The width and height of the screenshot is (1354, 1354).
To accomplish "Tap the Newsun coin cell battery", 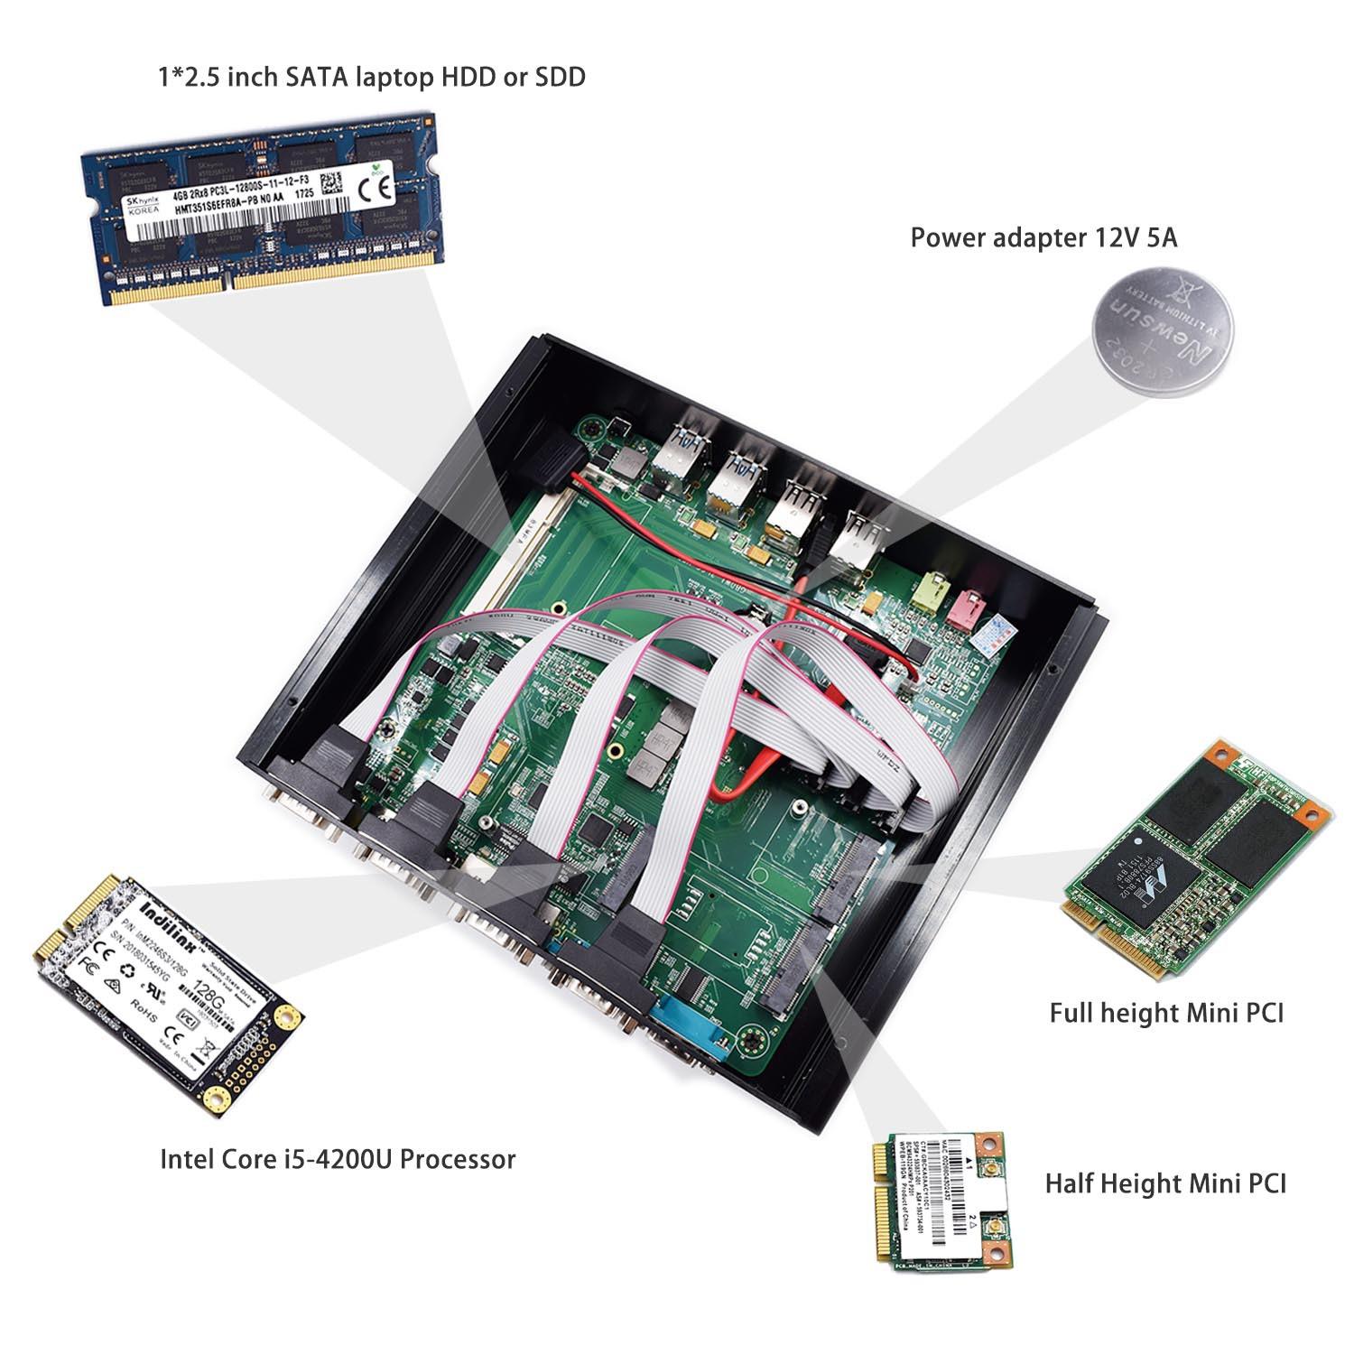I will tap(1162, 330).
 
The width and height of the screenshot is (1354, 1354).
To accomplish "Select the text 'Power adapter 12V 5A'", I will tap(1043, 238).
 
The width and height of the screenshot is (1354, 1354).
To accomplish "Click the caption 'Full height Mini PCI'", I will tap(1165, 1012).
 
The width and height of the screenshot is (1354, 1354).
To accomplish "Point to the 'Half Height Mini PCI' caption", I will tap(1165, 1182).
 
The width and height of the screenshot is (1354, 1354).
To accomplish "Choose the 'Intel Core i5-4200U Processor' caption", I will tap(338, 1159).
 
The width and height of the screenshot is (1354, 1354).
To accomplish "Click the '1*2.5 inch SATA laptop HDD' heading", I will tap(372, 77).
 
